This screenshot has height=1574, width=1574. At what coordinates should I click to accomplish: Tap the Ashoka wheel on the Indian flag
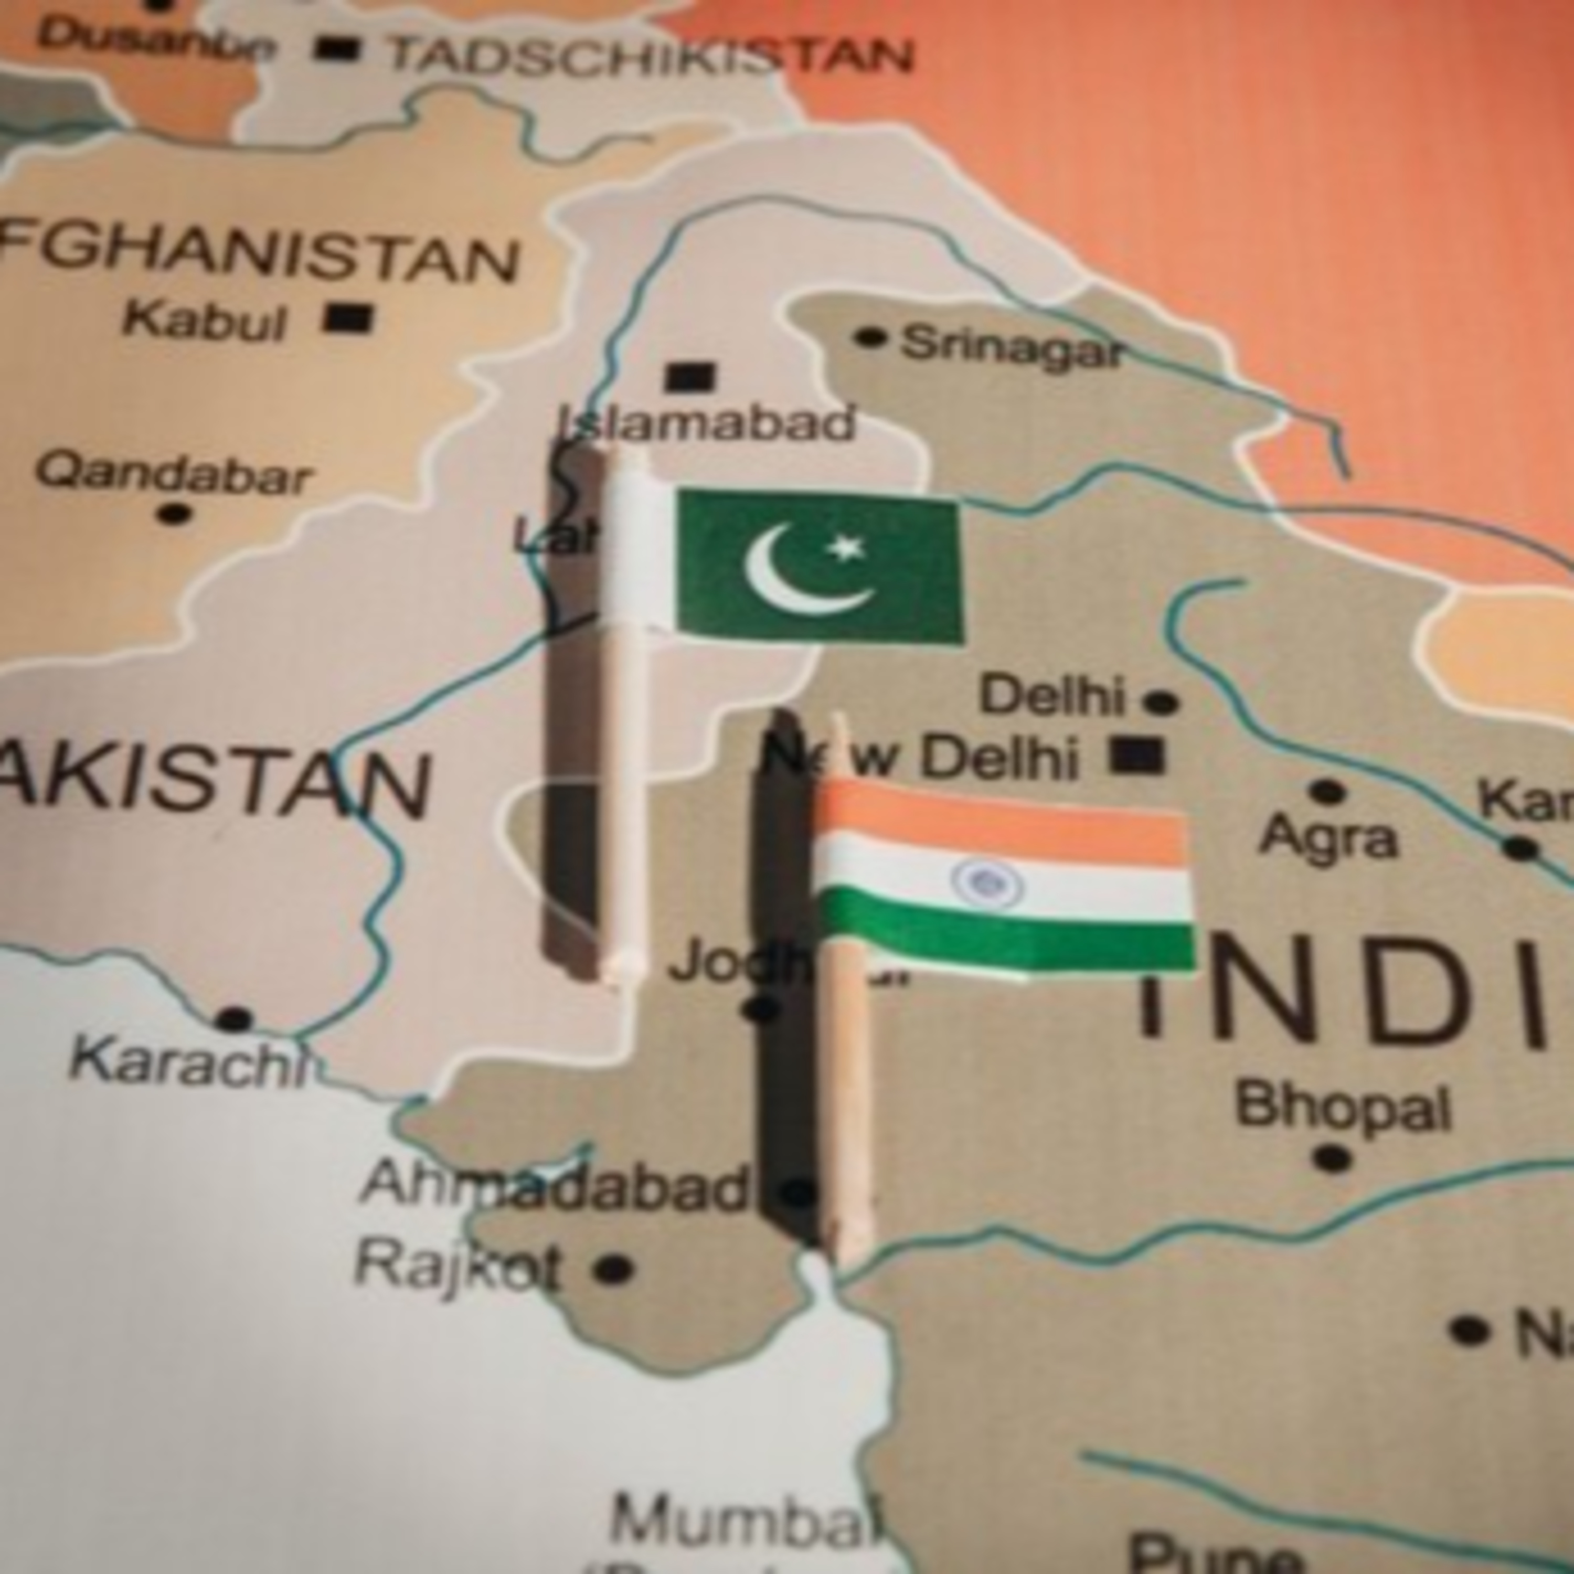(x=987, y=883)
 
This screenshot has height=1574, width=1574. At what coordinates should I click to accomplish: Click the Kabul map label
(x=204, y=320)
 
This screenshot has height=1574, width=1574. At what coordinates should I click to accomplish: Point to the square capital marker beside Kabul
(x=348, y=318)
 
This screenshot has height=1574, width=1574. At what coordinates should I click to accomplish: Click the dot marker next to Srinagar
(x=870, y=336)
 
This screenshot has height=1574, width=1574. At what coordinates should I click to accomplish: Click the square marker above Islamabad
(x=689, y=377)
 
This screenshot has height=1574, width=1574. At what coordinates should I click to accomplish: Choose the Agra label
(x=1328, y=837)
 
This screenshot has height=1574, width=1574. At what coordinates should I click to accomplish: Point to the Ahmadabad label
(x=554, y=1185)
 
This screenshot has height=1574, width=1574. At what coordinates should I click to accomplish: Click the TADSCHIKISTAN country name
(x=650, y=56)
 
